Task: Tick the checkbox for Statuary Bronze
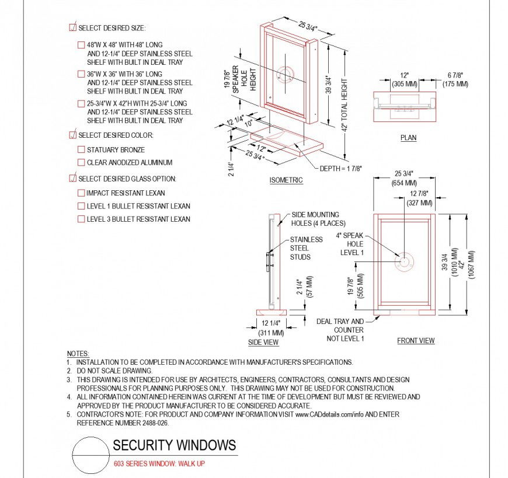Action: (82, 150)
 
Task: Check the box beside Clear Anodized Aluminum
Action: (82, 163)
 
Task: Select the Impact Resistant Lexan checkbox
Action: (82, 193)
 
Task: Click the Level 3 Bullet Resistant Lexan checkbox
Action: (82, 219)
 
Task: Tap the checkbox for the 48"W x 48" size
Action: (82, 45)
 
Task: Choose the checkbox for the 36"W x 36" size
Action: (82, 74)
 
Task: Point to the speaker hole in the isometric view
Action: (286, 75)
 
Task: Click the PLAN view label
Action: (408, 138)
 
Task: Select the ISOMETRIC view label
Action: (286, 180)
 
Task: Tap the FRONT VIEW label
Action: (416, 341)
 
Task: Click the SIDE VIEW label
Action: (263, 342)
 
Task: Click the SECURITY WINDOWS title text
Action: (174, 446)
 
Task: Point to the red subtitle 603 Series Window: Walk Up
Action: (158, 464)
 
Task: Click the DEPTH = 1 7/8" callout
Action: (340, 168)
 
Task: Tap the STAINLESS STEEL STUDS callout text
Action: (307, 248)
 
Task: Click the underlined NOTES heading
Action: (78, 354)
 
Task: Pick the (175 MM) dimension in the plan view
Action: (455, 84)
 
